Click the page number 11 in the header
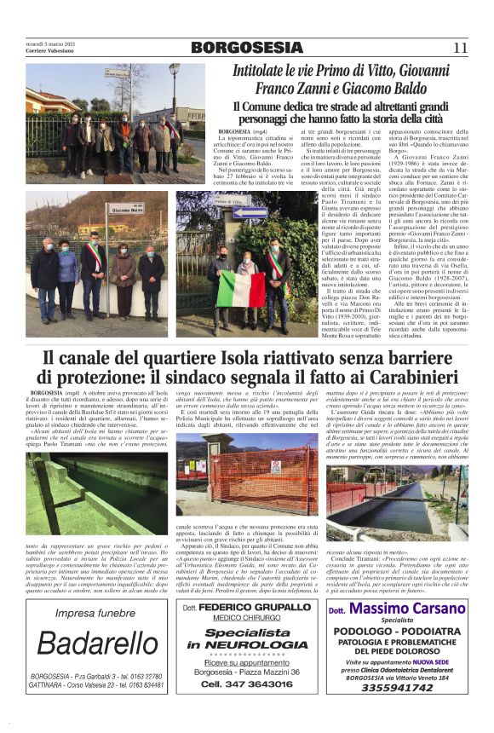(460, 48)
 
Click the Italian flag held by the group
(240, 289)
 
